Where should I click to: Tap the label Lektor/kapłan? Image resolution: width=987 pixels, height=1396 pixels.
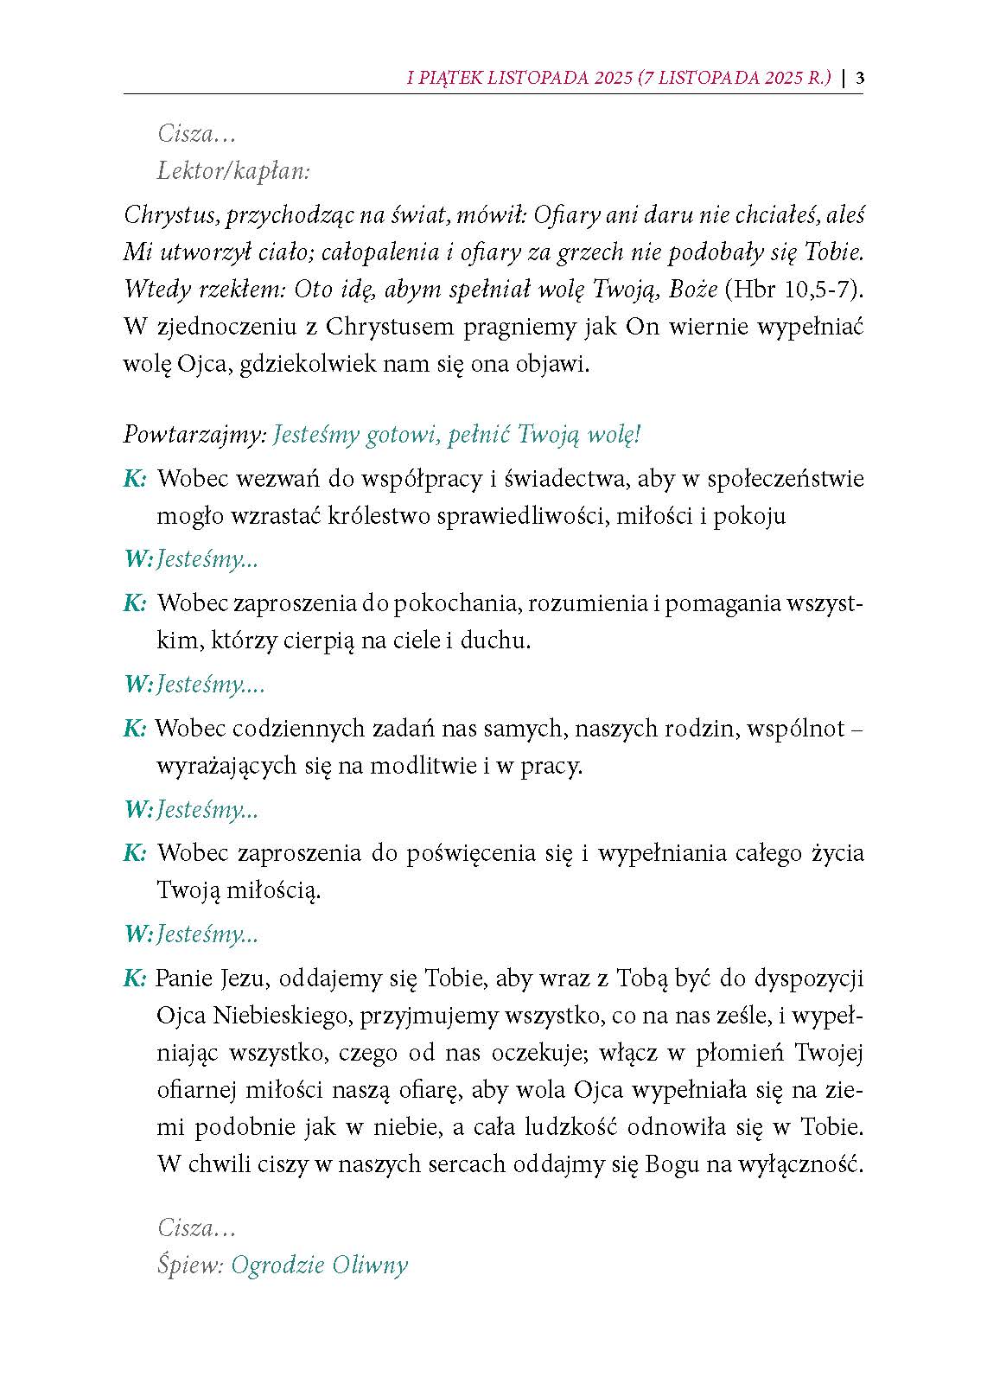tap(233, 171)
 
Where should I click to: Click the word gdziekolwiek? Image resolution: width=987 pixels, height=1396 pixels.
tap(306, 363)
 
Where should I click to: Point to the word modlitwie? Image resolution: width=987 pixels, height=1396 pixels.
tap(420, 766)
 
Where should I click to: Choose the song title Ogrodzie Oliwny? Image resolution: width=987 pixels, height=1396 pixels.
tap(319, 1265)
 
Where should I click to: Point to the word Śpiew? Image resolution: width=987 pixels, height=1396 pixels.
tap(190, 1265)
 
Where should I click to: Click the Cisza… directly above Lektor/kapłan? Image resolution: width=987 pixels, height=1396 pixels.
tap(196, 134)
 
